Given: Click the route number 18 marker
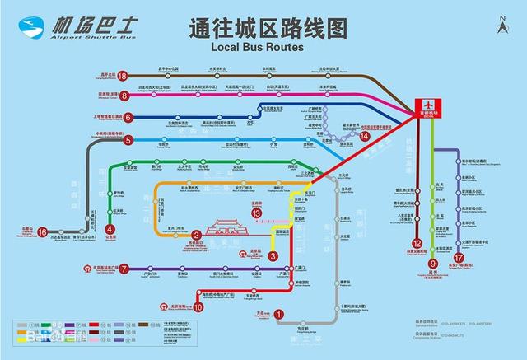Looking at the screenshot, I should coord(122,76).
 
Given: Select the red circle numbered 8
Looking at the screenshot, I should coord(126,96).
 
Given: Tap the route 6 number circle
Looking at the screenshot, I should coord(128,117).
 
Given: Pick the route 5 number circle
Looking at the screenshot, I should coord(128,140).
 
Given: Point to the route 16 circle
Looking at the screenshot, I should coord(43,233).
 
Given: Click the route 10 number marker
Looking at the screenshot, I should coord(198,306).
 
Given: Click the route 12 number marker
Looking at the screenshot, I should coord(417,243).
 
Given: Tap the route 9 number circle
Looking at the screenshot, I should coord(432,264).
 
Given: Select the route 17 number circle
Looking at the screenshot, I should coord(459,258).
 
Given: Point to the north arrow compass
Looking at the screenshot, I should coord(502,26).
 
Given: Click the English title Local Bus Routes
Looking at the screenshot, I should coord(252,48).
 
